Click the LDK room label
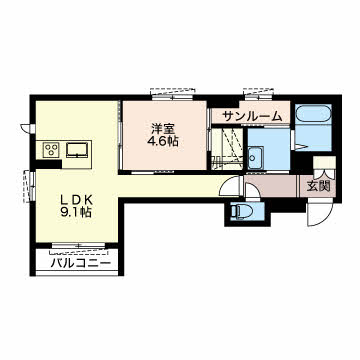coord(76,200)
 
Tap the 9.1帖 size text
coord(76,212)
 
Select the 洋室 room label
coord(163,129)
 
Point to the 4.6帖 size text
coord(163,142)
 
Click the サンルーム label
coord(252,116)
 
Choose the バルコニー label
coord(81,264)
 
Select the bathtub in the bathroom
coord(313,115)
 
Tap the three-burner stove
coord(51,150)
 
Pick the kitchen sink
coord(78,150)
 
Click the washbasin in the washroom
coord(256,158)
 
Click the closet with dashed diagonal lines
coord(227,148)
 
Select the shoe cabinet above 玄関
coord(324,162)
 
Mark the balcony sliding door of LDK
coord(79,246)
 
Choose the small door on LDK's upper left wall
coord(28,128)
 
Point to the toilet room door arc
coord(253,191)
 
